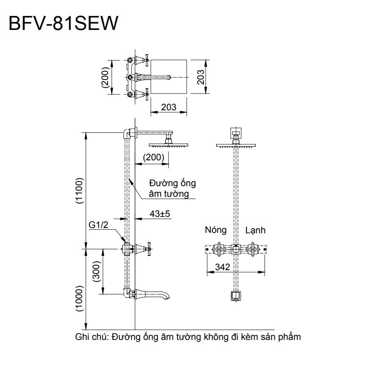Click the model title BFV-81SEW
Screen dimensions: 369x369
coord(63,23)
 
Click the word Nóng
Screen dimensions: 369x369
coord(215,230)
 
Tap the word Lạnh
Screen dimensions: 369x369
coord(255,230)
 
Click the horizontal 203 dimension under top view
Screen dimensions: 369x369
coord(168,107)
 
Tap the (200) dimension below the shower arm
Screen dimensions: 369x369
coord(153,157)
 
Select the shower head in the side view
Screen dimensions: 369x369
coord(168,145)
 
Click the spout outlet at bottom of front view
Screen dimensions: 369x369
coord(236,296)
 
